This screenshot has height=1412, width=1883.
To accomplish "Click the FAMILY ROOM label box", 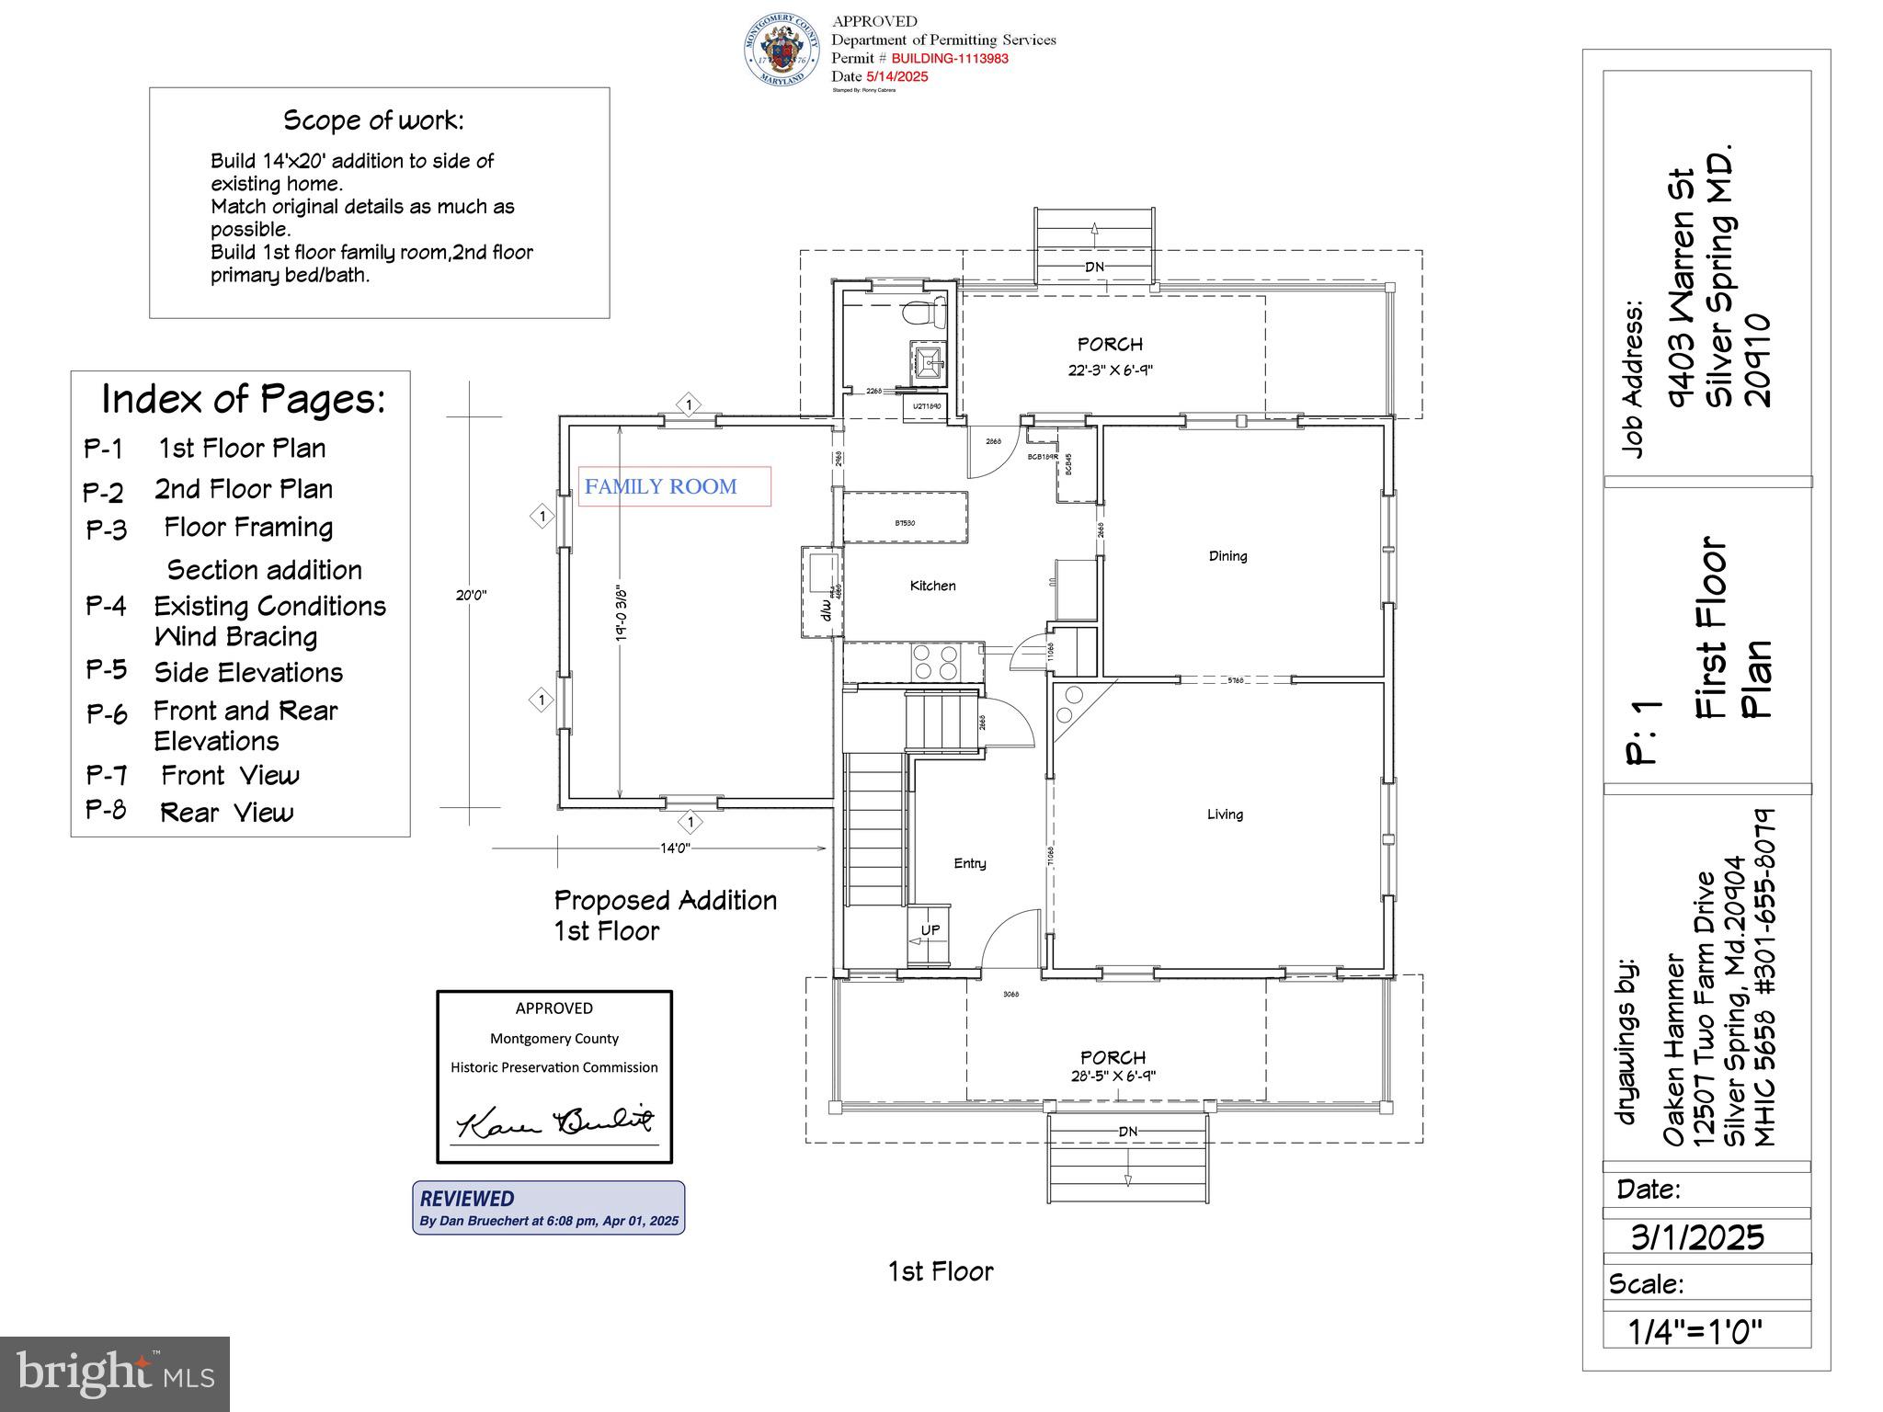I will [674, 486].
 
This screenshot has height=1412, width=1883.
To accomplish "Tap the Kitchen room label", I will [932, 586].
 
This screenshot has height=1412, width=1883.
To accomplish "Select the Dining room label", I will [1227, 555].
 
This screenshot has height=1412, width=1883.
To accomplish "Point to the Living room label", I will [1225, 814].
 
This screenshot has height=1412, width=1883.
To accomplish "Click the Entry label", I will [969, 863].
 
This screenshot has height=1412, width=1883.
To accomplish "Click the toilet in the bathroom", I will [923, 313].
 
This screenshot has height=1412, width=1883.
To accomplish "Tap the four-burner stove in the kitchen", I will [935, 662].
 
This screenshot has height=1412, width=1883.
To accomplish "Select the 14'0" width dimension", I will [675, 848].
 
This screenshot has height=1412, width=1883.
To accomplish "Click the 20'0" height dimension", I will [471, 595].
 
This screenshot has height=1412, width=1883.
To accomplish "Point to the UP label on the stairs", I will [930, 930].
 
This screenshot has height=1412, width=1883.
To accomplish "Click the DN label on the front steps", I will [1127, 1132].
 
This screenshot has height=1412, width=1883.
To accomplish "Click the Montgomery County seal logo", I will [782, 51].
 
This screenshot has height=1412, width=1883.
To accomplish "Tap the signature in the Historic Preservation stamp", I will [554, 1122].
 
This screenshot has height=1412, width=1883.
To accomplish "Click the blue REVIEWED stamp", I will [548, 1207].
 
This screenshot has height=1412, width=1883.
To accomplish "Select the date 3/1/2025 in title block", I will [1697, 1236].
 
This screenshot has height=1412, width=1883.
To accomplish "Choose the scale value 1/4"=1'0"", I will [1695, 1331].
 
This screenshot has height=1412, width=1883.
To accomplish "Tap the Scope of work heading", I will [373, 120].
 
